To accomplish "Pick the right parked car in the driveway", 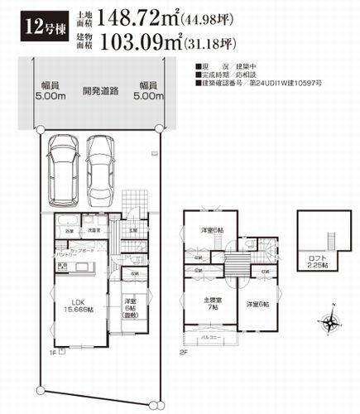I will pyautogui.click(x=103, y=169).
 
